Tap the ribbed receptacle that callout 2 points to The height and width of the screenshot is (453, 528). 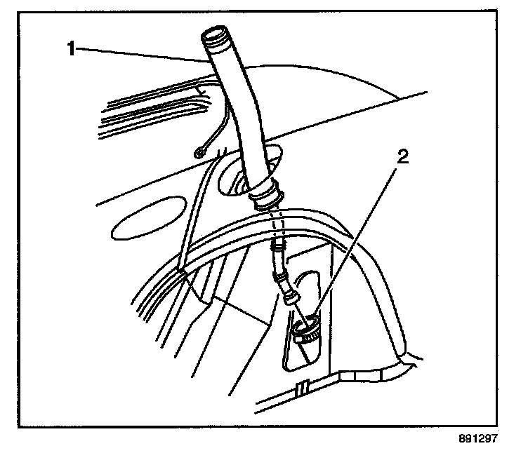(306, 328)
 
